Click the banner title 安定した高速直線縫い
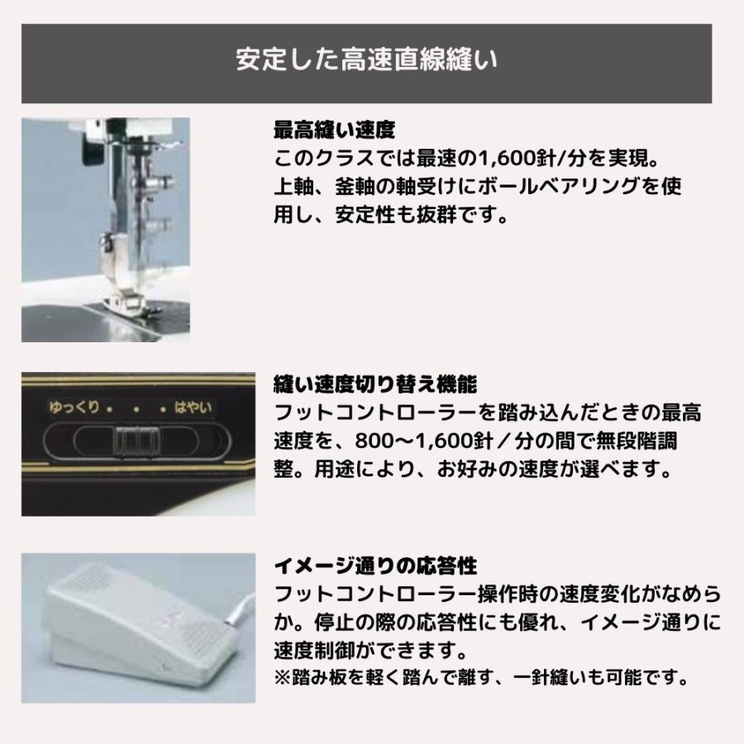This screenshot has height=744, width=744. [x=366, y=64]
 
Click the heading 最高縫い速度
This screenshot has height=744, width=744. [x=334, y=130]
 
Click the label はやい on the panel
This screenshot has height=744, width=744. [x=191, y=408]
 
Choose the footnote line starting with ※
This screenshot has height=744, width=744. [x=480, y=680]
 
